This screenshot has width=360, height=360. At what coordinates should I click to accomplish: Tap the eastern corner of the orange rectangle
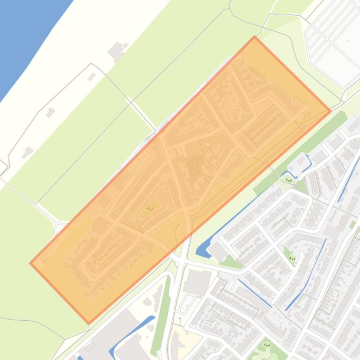click(331, 111)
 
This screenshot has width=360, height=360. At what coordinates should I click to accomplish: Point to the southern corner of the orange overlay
click(89, 323)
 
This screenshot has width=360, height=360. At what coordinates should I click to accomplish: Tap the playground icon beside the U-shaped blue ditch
click(289, 180)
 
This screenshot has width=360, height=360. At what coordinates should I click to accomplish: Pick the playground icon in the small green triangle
click(292, 258)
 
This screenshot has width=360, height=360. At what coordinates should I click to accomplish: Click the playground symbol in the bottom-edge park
click(267, 345)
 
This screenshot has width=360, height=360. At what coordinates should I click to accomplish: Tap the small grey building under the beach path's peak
click(92, 76)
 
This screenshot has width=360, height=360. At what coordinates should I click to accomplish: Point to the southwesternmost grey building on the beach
click(28, 151)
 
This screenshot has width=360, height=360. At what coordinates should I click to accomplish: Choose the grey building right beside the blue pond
click(217, 251)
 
